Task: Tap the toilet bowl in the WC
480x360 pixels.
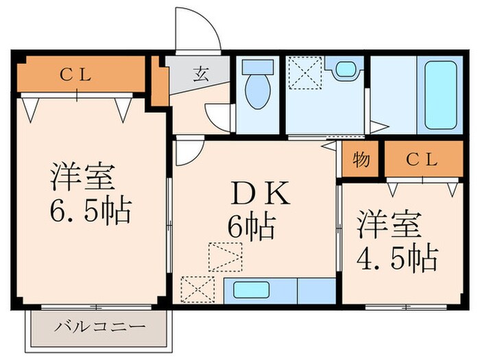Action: coord(257,95)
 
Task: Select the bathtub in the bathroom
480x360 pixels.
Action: coord(440,95)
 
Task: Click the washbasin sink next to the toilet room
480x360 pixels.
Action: coord(342,69)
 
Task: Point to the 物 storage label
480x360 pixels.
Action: coord(361,160)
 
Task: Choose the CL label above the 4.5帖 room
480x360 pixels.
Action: coord(422,160)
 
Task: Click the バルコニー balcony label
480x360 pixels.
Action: coord(99,326)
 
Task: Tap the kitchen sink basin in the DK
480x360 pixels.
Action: coord(252,289)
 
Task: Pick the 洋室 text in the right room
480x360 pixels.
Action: coord(388,226)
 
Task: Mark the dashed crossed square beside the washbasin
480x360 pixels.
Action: coord(304,72)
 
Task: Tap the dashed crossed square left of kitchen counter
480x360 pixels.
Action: coord(197,288)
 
